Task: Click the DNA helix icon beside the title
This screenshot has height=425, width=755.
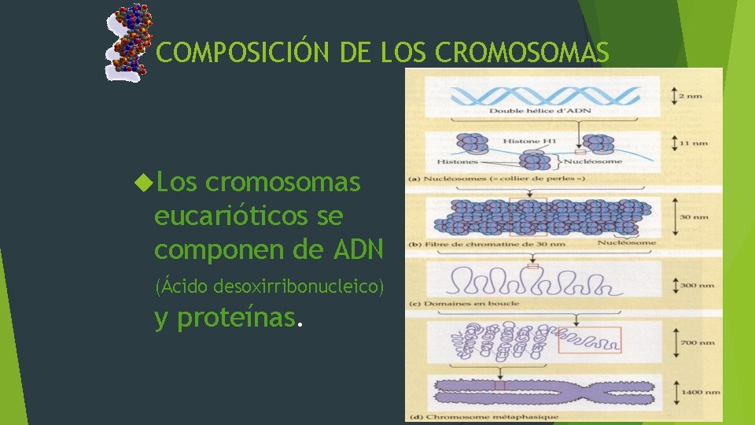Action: click(129, 41)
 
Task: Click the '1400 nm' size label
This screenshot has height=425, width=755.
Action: click(701, 390)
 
